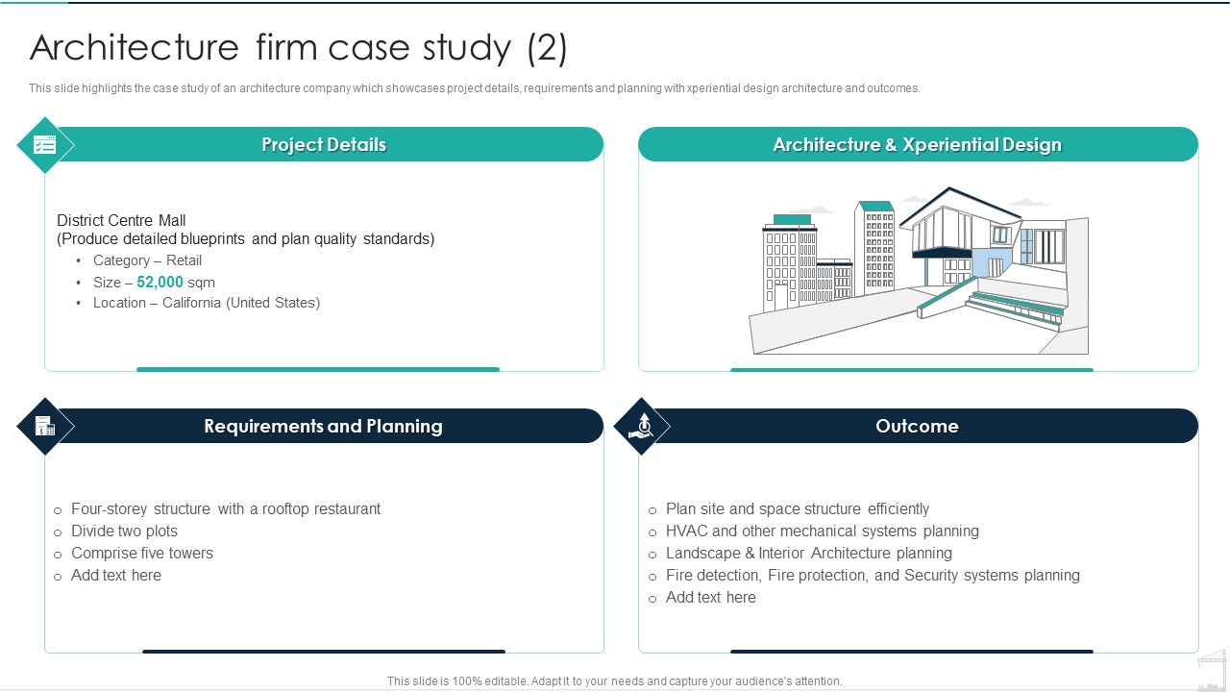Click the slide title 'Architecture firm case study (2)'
tap(299, 47)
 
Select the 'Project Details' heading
tap(324, 145)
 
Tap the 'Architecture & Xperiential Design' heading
tap(917, 145)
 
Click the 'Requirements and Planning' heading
tap(323, 426)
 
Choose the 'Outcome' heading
tap(917, 426)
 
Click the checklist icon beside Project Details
tap(45, 145)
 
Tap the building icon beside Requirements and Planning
tap(45, 426)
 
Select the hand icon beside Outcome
tap(641, 426)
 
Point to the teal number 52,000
tap(160, 283)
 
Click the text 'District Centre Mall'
tap(121, 220)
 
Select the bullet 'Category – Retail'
tap(147, 260)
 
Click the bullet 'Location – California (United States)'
tap(207, 303)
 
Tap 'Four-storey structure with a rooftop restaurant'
tap(226, 508)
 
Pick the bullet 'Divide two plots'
tap(124, 531)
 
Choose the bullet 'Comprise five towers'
tap(142, 553)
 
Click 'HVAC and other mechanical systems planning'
tap(823, 531)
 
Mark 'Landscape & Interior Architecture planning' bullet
tap(809, 553)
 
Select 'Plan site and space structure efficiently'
tap(798, 508)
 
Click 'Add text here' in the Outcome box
tap(711, 597)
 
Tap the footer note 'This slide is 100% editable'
tap(614, 680)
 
